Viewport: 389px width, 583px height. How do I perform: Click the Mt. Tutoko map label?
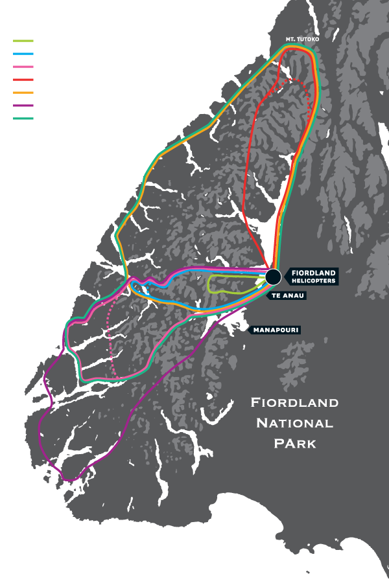303,40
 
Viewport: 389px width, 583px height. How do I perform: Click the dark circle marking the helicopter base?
273,277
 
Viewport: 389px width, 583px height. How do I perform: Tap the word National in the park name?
294,423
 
